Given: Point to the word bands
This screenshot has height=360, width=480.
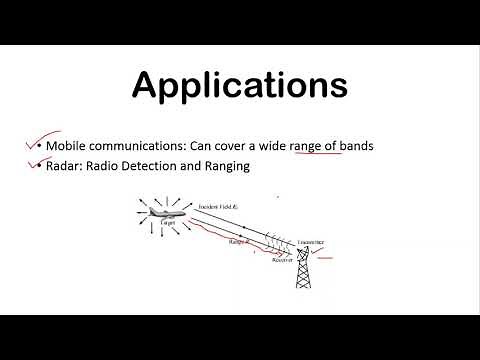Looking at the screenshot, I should tap(356, 146).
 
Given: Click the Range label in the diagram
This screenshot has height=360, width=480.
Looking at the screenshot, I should tap(238, 241).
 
